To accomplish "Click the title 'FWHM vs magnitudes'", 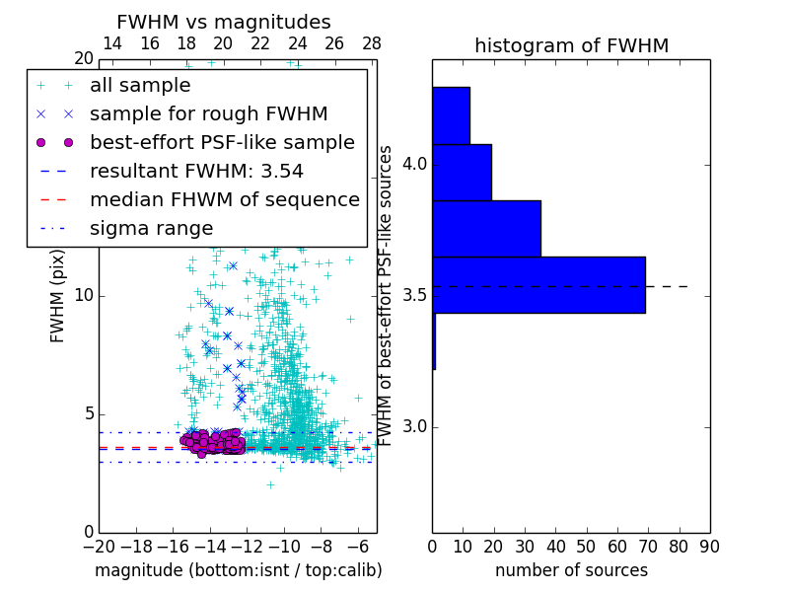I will pos(224,22).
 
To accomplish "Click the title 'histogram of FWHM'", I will pos(571,45).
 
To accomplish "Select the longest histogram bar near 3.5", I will pos(538,285).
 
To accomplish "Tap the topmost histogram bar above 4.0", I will pos(451,115).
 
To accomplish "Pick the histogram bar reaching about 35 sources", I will pos(486,228).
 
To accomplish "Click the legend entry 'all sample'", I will pos(140,86).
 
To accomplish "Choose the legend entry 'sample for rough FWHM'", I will pos(208,113).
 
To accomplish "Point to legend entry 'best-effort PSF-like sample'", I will pos(222,142).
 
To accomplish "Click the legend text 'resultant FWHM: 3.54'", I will pos(196,171).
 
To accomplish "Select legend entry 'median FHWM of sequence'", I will pos(224,199).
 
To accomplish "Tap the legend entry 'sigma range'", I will pos(151,228).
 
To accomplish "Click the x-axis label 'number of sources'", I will pos(571,570).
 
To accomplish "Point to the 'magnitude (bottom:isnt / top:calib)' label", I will pos(238,570).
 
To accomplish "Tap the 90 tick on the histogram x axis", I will pos(709,545).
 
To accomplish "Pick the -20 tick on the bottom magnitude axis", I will pos(98,545).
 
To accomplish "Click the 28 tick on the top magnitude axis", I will pos(372,43).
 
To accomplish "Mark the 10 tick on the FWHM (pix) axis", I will pos(84,296).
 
